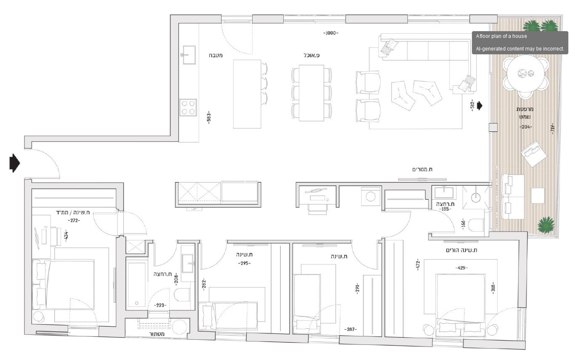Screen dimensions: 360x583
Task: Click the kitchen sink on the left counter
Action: (x=189, y=55)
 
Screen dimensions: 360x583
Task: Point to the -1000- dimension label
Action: (x=330, y=33)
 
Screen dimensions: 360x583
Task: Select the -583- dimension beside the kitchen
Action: (x=208, y=118)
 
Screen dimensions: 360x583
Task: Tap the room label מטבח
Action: (x=216, y=55)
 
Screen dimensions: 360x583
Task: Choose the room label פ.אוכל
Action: (x=311, y=55)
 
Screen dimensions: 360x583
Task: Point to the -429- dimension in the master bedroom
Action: (x=461, y=268)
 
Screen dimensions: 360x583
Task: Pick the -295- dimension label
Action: (x=243, y=264)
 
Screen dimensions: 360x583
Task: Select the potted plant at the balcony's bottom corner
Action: (x=546, y=225)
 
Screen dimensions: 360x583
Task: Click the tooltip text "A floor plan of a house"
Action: (x=501, y=36)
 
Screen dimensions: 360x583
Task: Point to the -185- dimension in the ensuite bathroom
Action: (x=445, y=209)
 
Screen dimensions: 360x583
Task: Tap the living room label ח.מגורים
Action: (x=422, y=169)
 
